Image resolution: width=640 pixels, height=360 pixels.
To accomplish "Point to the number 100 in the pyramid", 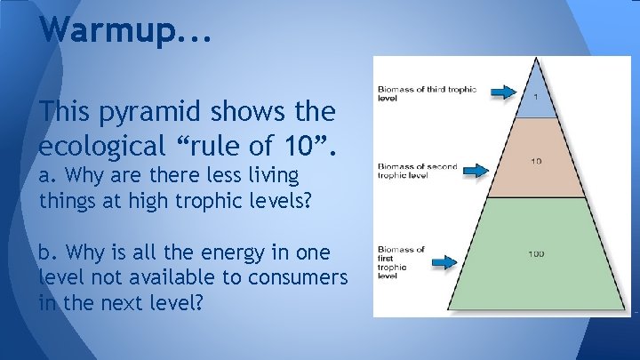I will [x=536, y=254].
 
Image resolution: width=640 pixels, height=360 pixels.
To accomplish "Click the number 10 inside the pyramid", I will [x=536, y=161].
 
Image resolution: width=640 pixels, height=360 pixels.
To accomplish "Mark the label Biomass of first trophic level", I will [x=401, y=262].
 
